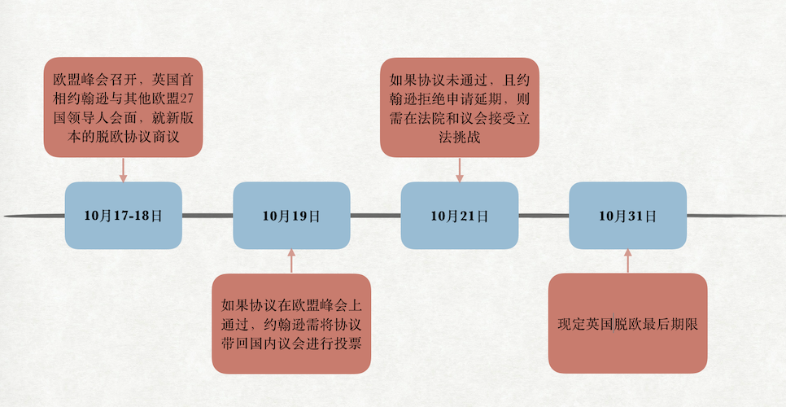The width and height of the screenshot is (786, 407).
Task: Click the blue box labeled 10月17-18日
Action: (x=123, y=216)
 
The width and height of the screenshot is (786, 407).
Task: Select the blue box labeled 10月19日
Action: (x=291, y=216)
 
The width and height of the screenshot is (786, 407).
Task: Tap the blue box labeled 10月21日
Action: (x=459, y=216)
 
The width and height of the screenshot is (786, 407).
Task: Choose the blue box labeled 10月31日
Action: (x=627, y=216)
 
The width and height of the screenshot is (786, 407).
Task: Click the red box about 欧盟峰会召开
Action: (x=123, y=107)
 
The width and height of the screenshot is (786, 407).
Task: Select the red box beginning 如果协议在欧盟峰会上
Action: (x=291, y=324)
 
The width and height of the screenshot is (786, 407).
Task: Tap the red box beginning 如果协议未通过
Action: (x=459, y=107)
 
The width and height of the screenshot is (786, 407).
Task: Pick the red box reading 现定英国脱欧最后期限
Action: (x=627, y=324)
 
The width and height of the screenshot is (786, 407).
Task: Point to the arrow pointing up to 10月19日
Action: (x=291, y=261)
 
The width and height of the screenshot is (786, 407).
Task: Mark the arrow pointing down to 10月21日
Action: (x=459, y=169)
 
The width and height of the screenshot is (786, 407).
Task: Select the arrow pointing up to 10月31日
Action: (x=627, y=261)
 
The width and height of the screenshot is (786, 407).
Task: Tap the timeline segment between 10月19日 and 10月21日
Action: (x=375, y=216)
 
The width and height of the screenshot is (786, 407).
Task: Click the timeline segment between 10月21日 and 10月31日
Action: (x=544, y=216)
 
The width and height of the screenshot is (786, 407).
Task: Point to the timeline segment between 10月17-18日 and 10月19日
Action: (x=207, y=216)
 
